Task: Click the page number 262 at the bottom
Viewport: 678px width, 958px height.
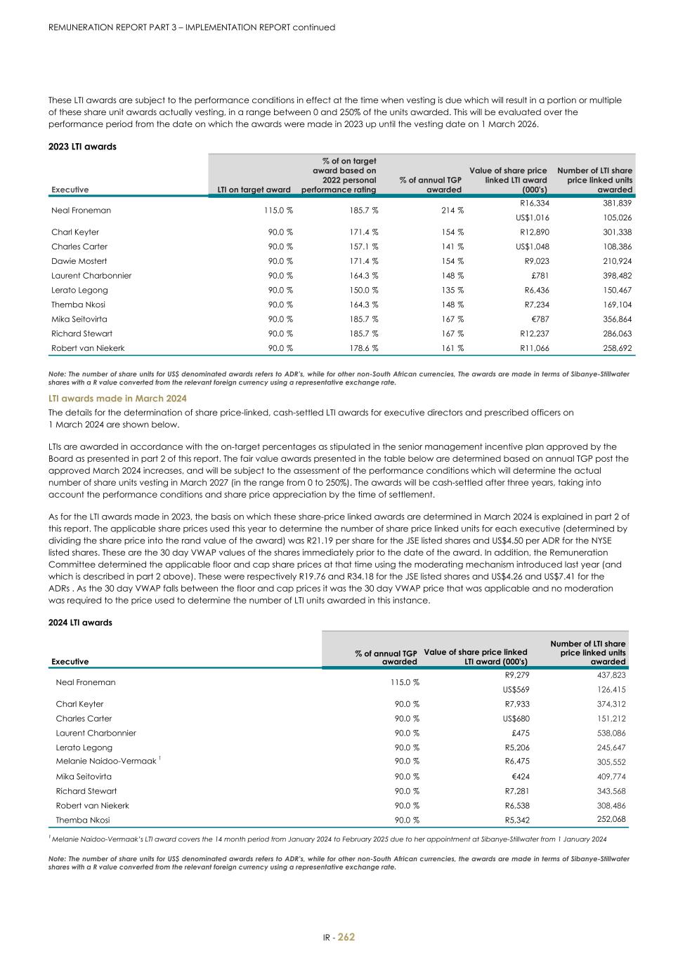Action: (x=346, y=937)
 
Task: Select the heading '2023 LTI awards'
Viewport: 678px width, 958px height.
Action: (x=82, y=147)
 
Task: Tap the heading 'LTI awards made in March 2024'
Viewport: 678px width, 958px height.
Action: (x=117, y=398)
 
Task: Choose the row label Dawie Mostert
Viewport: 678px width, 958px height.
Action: (x=79, y=261)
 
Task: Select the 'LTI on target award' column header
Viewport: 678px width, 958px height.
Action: (x=254, y=189)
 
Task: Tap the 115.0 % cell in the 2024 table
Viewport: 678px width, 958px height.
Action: (x=406, y=682)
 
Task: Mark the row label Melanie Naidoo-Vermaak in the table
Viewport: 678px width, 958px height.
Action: (x=106, y=761)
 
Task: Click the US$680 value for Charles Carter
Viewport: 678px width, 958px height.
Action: (x=516, y=719)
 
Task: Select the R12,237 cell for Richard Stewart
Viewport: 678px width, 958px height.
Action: (x=534, y=334)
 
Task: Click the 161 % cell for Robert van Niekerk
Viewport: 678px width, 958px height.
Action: (x=450, y=348)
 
